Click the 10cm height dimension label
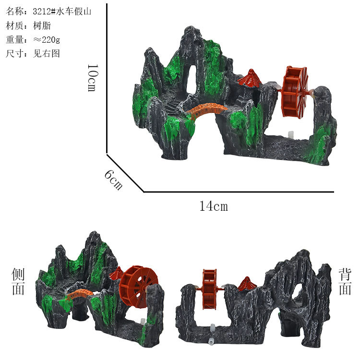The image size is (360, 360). click(93, 78)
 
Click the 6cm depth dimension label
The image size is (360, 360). click(113, 180)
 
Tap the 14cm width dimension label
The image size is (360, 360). click(214, 206)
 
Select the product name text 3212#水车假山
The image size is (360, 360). click(62, 12)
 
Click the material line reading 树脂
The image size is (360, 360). click(42, 25)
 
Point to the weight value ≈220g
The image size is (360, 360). click(47, 40)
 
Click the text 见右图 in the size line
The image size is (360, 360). click(47, 53)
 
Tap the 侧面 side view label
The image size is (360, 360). click(18, 281)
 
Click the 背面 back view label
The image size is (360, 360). click(345, 281)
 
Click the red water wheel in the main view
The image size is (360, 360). click(294, 92)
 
